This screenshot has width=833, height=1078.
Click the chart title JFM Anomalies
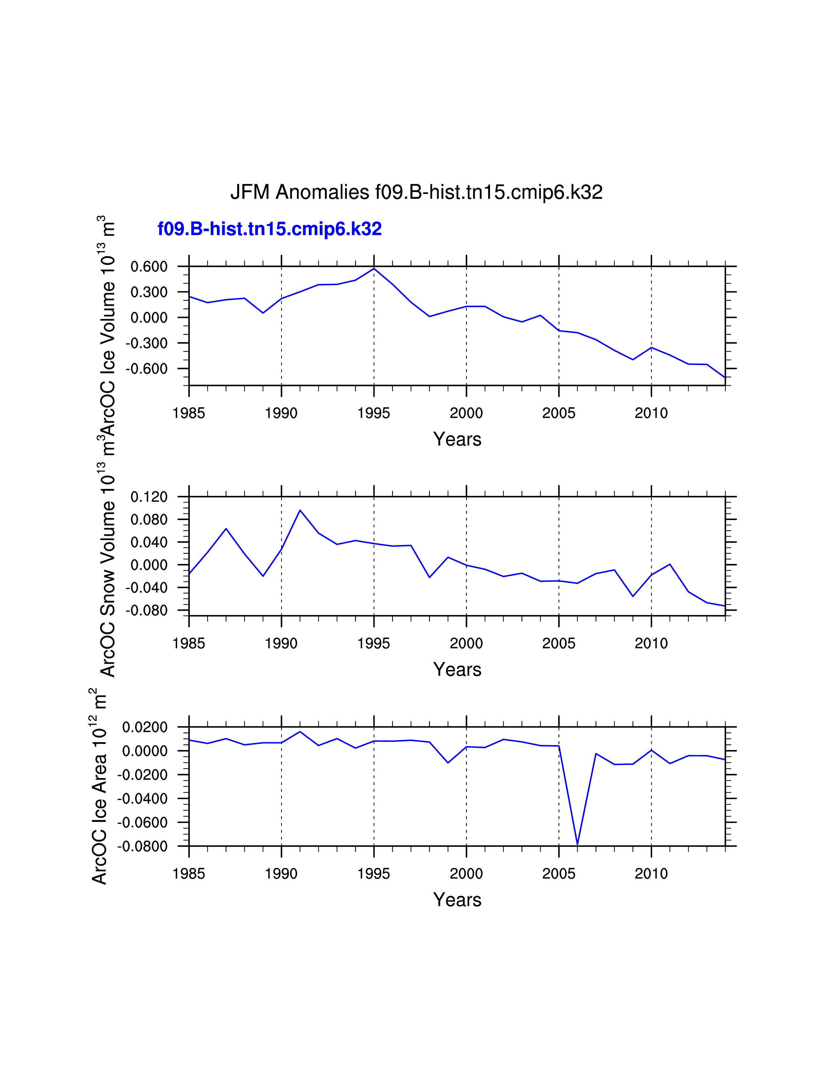tap(416, 192)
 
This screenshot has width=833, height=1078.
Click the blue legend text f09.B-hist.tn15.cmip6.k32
tap(269, 229)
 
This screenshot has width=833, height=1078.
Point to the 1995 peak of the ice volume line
tap(374, 269)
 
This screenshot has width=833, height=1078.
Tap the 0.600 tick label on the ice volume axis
tap(149, 267)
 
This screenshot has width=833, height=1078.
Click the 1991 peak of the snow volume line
tap(300, 510)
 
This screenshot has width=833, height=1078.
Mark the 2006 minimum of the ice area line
tap(577, 844)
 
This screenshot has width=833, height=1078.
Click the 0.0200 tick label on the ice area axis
tap(145, 727)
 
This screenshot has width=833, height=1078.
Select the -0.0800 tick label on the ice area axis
tap(142, 846)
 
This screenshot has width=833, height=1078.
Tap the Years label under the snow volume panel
tap(457, 670)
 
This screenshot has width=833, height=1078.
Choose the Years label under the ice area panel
tap(457, 900)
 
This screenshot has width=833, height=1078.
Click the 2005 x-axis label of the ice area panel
tap(559, 874)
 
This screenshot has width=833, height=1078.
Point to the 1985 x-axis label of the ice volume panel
tap(189, 413)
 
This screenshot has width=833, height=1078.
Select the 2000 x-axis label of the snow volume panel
tap(466, 644)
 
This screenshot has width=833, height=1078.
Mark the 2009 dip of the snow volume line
tap(633, 596)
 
